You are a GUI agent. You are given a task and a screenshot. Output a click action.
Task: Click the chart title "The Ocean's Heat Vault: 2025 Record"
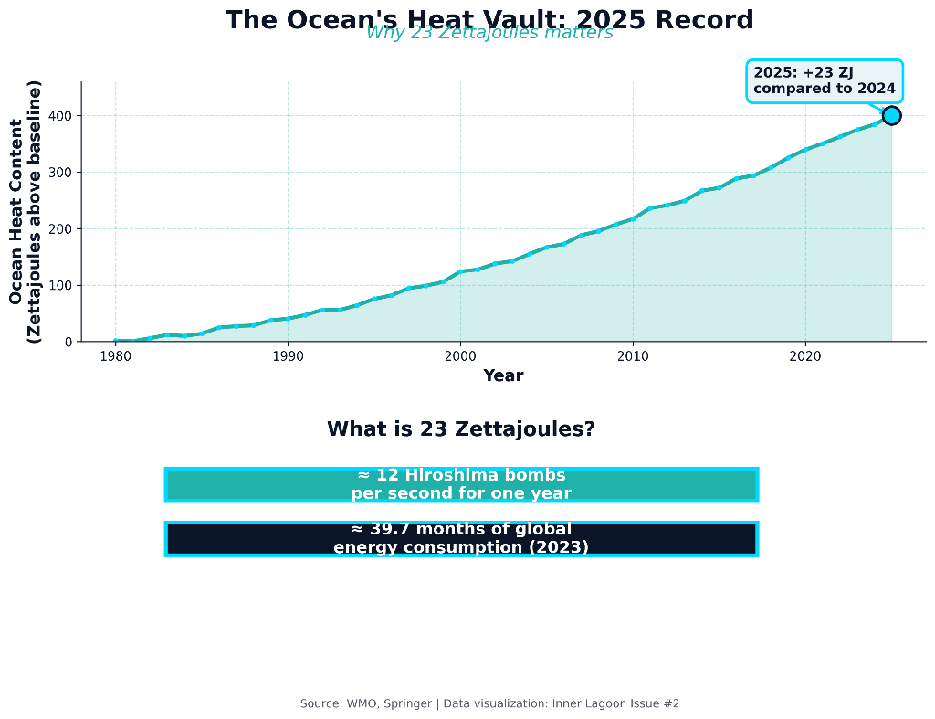489,20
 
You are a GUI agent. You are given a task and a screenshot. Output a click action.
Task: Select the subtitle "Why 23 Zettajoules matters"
489,34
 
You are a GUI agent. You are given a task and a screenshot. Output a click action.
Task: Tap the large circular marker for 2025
891,115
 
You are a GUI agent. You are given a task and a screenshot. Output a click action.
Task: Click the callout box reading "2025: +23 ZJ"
825,81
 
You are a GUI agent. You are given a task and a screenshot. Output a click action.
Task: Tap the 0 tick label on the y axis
68,343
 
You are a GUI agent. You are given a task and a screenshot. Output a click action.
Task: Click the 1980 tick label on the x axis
115,356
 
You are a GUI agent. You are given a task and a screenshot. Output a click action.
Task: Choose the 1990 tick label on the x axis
288,356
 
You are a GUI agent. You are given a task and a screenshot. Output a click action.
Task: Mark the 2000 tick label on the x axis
460,356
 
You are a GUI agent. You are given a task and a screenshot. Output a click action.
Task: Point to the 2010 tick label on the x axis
633,356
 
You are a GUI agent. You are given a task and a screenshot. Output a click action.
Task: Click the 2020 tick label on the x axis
804,356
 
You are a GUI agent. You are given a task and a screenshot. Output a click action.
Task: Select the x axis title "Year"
503,375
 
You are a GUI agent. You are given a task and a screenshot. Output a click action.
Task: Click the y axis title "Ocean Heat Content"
16,212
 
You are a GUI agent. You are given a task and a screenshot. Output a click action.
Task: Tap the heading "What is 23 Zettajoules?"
461,428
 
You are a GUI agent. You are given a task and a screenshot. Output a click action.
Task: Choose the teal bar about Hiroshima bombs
461,484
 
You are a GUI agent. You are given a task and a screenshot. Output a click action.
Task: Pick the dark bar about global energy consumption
461,538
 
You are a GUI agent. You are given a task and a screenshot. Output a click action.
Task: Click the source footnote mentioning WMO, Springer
489,703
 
